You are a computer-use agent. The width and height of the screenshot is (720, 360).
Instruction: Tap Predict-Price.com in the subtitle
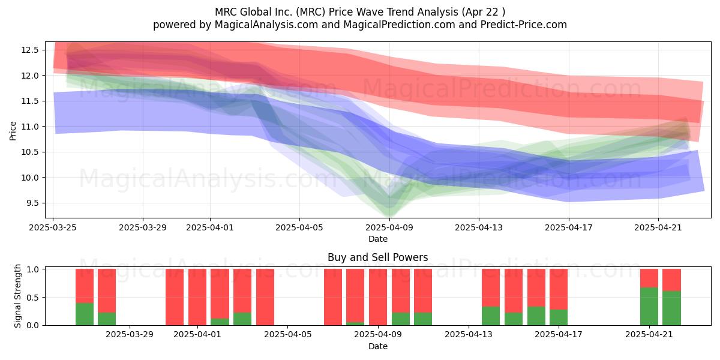pos(524,25)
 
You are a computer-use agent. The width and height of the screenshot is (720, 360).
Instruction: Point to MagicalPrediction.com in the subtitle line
pos(399,25)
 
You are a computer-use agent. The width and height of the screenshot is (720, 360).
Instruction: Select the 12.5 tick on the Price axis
pos(30,50)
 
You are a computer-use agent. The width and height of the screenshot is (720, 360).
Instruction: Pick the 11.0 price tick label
pos(30,127)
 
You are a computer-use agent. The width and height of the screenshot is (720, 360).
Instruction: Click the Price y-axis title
pos(13,131)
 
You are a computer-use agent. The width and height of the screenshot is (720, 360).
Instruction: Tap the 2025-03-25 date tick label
pos(53,227)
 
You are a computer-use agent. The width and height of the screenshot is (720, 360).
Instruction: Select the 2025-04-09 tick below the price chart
pos(389,227)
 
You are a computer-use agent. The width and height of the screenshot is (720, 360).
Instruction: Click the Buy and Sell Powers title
pos(377,257)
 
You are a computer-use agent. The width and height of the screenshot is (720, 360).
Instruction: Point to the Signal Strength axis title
pos(17,296)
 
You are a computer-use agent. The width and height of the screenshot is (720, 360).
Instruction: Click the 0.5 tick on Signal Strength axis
pos(32,298)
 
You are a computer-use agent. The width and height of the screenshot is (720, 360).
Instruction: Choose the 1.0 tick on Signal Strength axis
pos(32,269)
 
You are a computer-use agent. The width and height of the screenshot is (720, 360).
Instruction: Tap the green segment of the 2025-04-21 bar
pos(649,307)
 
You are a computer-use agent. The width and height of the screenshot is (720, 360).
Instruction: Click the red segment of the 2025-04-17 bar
pos(559,289)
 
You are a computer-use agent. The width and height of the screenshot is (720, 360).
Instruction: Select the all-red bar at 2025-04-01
pos(197,297)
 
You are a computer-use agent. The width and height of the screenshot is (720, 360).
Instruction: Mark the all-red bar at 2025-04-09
pos(378,297)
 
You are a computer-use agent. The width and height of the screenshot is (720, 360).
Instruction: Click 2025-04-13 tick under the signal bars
pos(469,335)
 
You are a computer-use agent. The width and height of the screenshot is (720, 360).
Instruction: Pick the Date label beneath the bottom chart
pos(377,346)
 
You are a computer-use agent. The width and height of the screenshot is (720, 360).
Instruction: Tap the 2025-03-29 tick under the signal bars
pos(130,335)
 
